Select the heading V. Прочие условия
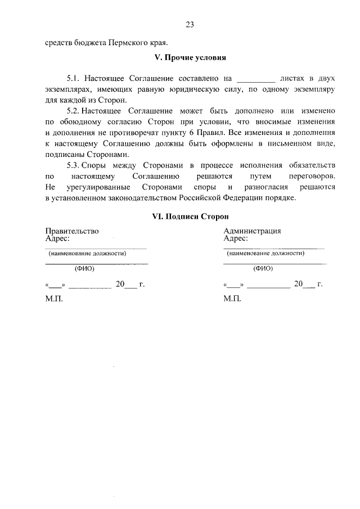[x=190, y=58]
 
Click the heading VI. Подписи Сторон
[x=190, y=216]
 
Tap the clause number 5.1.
[x=74, y=79]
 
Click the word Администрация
[x=253, y=231]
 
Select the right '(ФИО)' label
[x=263, y=269]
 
